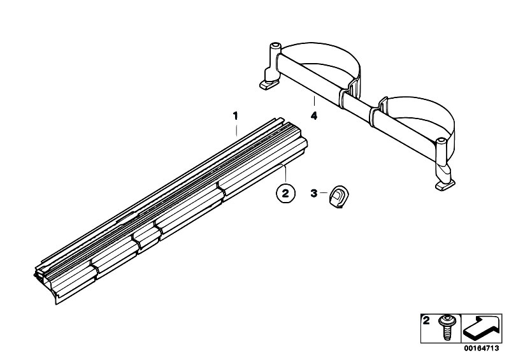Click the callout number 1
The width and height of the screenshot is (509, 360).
click(235, 115)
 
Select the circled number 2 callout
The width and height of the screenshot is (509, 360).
click(285, 194)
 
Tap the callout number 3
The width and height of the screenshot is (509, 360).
click(313, 193)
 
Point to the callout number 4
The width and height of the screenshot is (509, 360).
click(314, 115)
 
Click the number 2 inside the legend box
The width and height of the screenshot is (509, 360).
click(426, 321)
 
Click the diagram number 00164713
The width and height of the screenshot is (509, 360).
click(482, 349)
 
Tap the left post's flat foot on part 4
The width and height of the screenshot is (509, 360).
click(269, 85)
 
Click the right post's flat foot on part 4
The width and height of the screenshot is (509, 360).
click(445, 186)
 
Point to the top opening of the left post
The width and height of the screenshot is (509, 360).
click(276, 45)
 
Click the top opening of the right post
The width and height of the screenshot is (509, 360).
click(441, 140)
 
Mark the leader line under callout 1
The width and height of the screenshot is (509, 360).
click(236, 129)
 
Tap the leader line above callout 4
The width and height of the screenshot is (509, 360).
click(314, 101)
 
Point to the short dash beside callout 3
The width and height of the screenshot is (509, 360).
click(324, 193)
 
